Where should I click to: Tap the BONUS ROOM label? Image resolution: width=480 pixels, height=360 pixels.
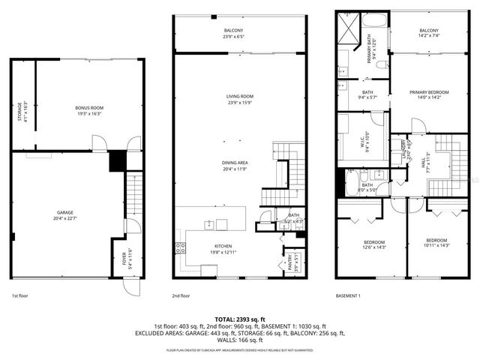(89, 108)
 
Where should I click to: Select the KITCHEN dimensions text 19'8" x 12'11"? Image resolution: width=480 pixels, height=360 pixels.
(222, 252)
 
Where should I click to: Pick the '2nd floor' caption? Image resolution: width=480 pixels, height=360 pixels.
(181, 296)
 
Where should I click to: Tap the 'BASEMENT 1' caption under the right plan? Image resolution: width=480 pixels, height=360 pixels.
(347, 296)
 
